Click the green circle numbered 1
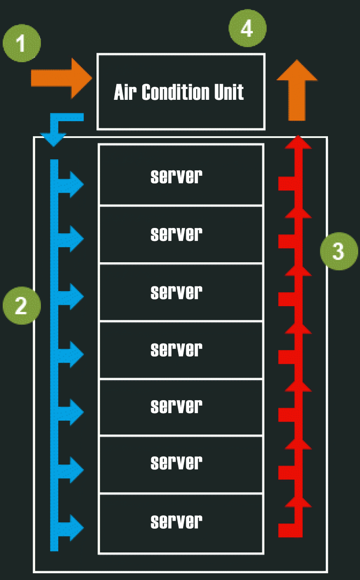22,44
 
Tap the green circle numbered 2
22,306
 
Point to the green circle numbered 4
247,28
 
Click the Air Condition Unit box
180,92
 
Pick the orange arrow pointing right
61,78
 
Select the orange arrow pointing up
297,90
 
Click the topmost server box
180,175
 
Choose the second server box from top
180,234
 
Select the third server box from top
180,292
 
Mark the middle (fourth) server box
180,349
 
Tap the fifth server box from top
180,407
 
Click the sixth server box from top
180,464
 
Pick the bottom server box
180,523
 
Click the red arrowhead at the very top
297,142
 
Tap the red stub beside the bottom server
286,530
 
